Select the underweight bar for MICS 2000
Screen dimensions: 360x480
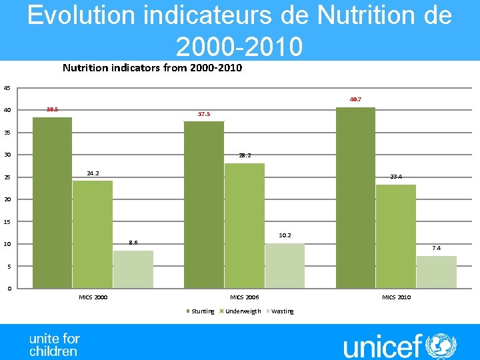tap(93, 234)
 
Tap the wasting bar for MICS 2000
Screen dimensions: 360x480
tap(133, 269)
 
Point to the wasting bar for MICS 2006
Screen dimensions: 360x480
tap(285, 265)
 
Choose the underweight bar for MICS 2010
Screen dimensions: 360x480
tap(396, 236)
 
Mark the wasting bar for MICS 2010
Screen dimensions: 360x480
tap(436, 272)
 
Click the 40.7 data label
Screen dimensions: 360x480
tap(355, 99)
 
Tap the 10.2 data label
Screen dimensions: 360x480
tap(285, 235)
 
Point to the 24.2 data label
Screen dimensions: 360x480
tap(93, 173)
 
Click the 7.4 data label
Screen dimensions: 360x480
tap(436, 248)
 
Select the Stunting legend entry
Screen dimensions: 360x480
tap(199, 311)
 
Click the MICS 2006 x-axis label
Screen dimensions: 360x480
tap(245, 297)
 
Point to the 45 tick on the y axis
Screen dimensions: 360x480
tap(7, 88)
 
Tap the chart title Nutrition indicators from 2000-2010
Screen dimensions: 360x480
tap(152, 67)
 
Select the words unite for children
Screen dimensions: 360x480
tap(54, 345)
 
